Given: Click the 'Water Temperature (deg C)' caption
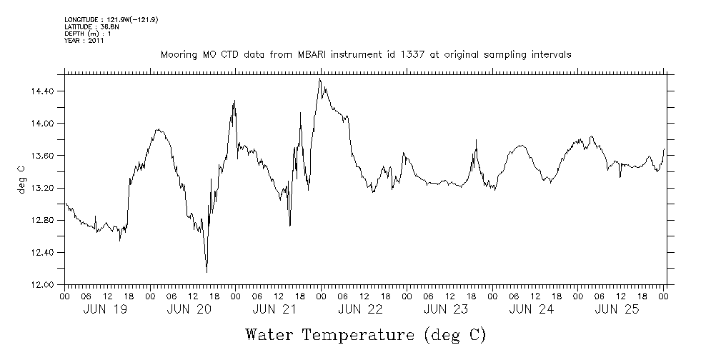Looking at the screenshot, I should [x=365, y=334].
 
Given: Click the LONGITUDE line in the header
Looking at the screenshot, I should [x=111, y=19].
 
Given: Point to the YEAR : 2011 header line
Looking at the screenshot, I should [x=85, y=41].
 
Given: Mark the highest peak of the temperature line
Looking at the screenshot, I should [x=319, y=79].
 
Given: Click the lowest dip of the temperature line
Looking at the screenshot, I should [x=207, y=272].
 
